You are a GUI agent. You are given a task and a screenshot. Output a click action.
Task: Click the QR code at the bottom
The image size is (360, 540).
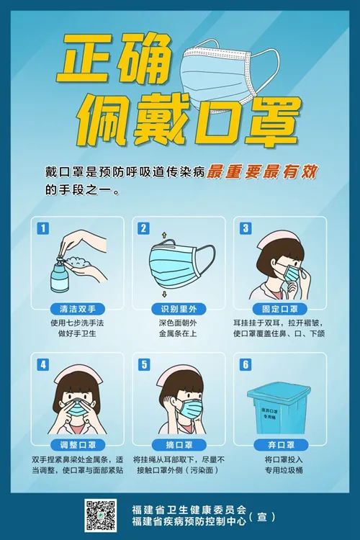pos(102,515)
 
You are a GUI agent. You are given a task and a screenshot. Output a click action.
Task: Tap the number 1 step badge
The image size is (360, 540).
pos(43,228)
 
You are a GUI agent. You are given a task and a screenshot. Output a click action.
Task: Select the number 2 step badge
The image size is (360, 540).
pos(144,228)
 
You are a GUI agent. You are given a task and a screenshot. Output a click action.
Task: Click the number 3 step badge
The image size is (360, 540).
pos(245,228)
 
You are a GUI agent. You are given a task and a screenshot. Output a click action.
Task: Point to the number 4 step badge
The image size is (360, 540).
pos(43,364)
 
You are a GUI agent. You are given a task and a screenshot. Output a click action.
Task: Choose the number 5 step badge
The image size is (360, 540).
pos(144,364)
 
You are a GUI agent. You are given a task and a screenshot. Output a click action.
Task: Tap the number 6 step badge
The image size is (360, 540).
pos(245,364)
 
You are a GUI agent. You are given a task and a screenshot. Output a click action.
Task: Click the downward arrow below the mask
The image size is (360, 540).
pos(164,294)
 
